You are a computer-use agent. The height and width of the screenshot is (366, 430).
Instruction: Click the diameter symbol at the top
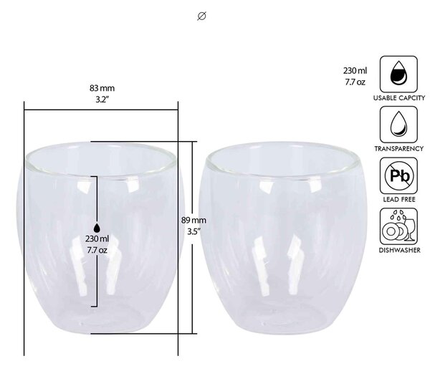(x=201, y=16)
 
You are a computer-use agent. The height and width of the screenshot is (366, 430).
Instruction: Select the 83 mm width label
(x=102, y=88)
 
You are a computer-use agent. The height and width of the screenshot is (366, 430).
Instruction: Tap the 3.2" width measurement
(x=102, y=100)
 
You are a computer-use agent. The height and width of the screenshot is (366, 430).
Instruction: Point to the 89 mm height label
(x=193, y=220)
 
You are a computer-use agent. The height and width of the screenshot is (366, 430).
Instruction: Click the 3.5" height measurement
(x=194, y=231)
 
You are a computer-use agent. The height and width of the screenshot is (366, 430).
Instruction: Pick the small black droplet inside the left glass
(x=97, y=228)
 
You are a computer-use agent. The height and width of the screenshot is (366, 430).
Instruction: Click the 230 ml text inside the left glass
(x=97, y=239)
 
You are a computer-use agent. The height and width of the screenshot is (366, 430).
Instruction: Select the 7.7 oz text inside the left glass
(x=97, y=250)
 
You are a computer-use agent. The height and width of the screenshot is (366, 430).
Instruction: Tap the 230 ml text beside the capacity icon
(x=355, y=71)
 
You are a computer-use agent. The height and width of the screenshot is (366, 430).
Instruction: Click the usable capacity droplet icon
(x=398, y=74)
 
